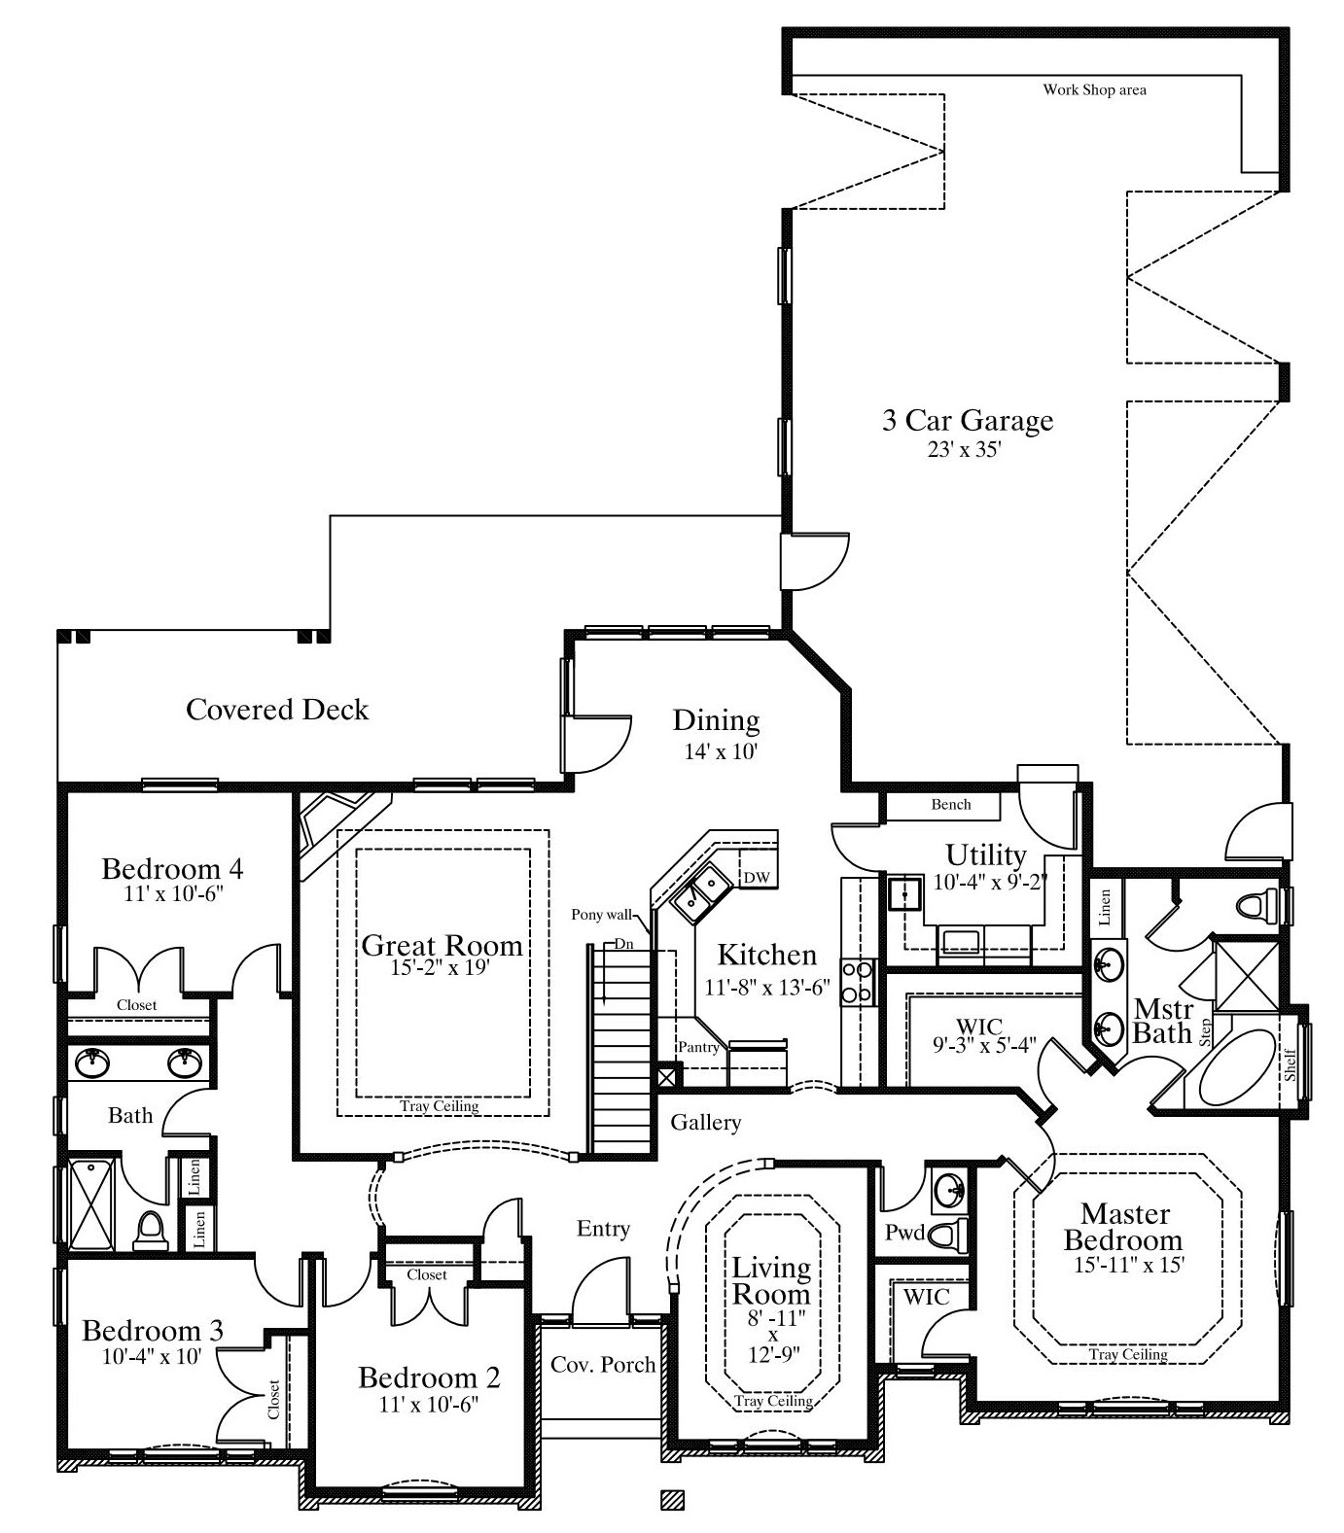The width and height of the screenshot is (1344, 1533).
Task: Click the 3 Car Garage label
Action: pos(968,420)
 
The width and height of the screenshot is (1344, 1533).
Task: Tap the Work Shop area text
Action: pos(1094,90)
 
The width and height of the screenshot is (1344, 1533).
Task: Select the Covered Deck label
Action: pos(277,710)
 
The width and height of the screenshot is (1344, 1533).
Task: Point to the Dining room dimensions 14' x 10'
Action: pos(717,751)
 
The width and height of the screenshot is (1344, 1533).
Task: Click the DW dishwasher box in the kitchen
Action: pos(757,878)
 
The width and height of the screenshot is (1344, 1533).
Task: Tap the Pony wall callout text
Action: pos(601,914)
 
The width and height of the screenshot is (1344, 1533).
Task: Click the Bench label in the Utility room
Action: pos(951,804)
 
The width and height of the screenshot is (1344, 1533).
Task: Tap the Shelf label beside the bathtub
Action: pos(1290,1064)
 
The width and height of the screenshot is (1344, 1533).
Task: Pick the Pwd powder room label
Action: pos(904,1233)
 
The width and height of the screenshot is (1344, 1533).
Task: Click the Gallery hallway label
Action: pos(706,1123)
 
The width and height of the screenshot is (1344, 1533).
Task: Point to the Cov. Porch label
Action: pos(603,1364)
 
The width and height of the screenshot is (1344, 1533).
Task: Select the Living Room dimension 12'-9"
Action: pos(773,1355)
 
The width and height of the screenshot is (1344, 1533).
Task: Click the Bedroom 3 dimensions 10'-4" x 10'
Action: pos(153,1355)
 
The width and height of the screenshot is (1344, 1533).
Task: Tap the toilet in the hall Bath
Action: pos(150,1230)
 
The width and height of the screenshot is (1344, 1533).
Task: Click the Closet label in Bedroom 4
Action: pos(136,1005)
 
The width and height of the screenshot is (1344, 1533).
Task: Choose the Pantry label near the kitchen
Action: pos(698,1047)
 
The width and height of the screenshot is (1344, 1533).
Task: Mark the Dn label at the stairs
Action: pos(623,944)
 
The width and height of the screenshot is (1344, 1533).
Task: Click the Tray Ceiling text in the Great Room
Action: pos(440,1105)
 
